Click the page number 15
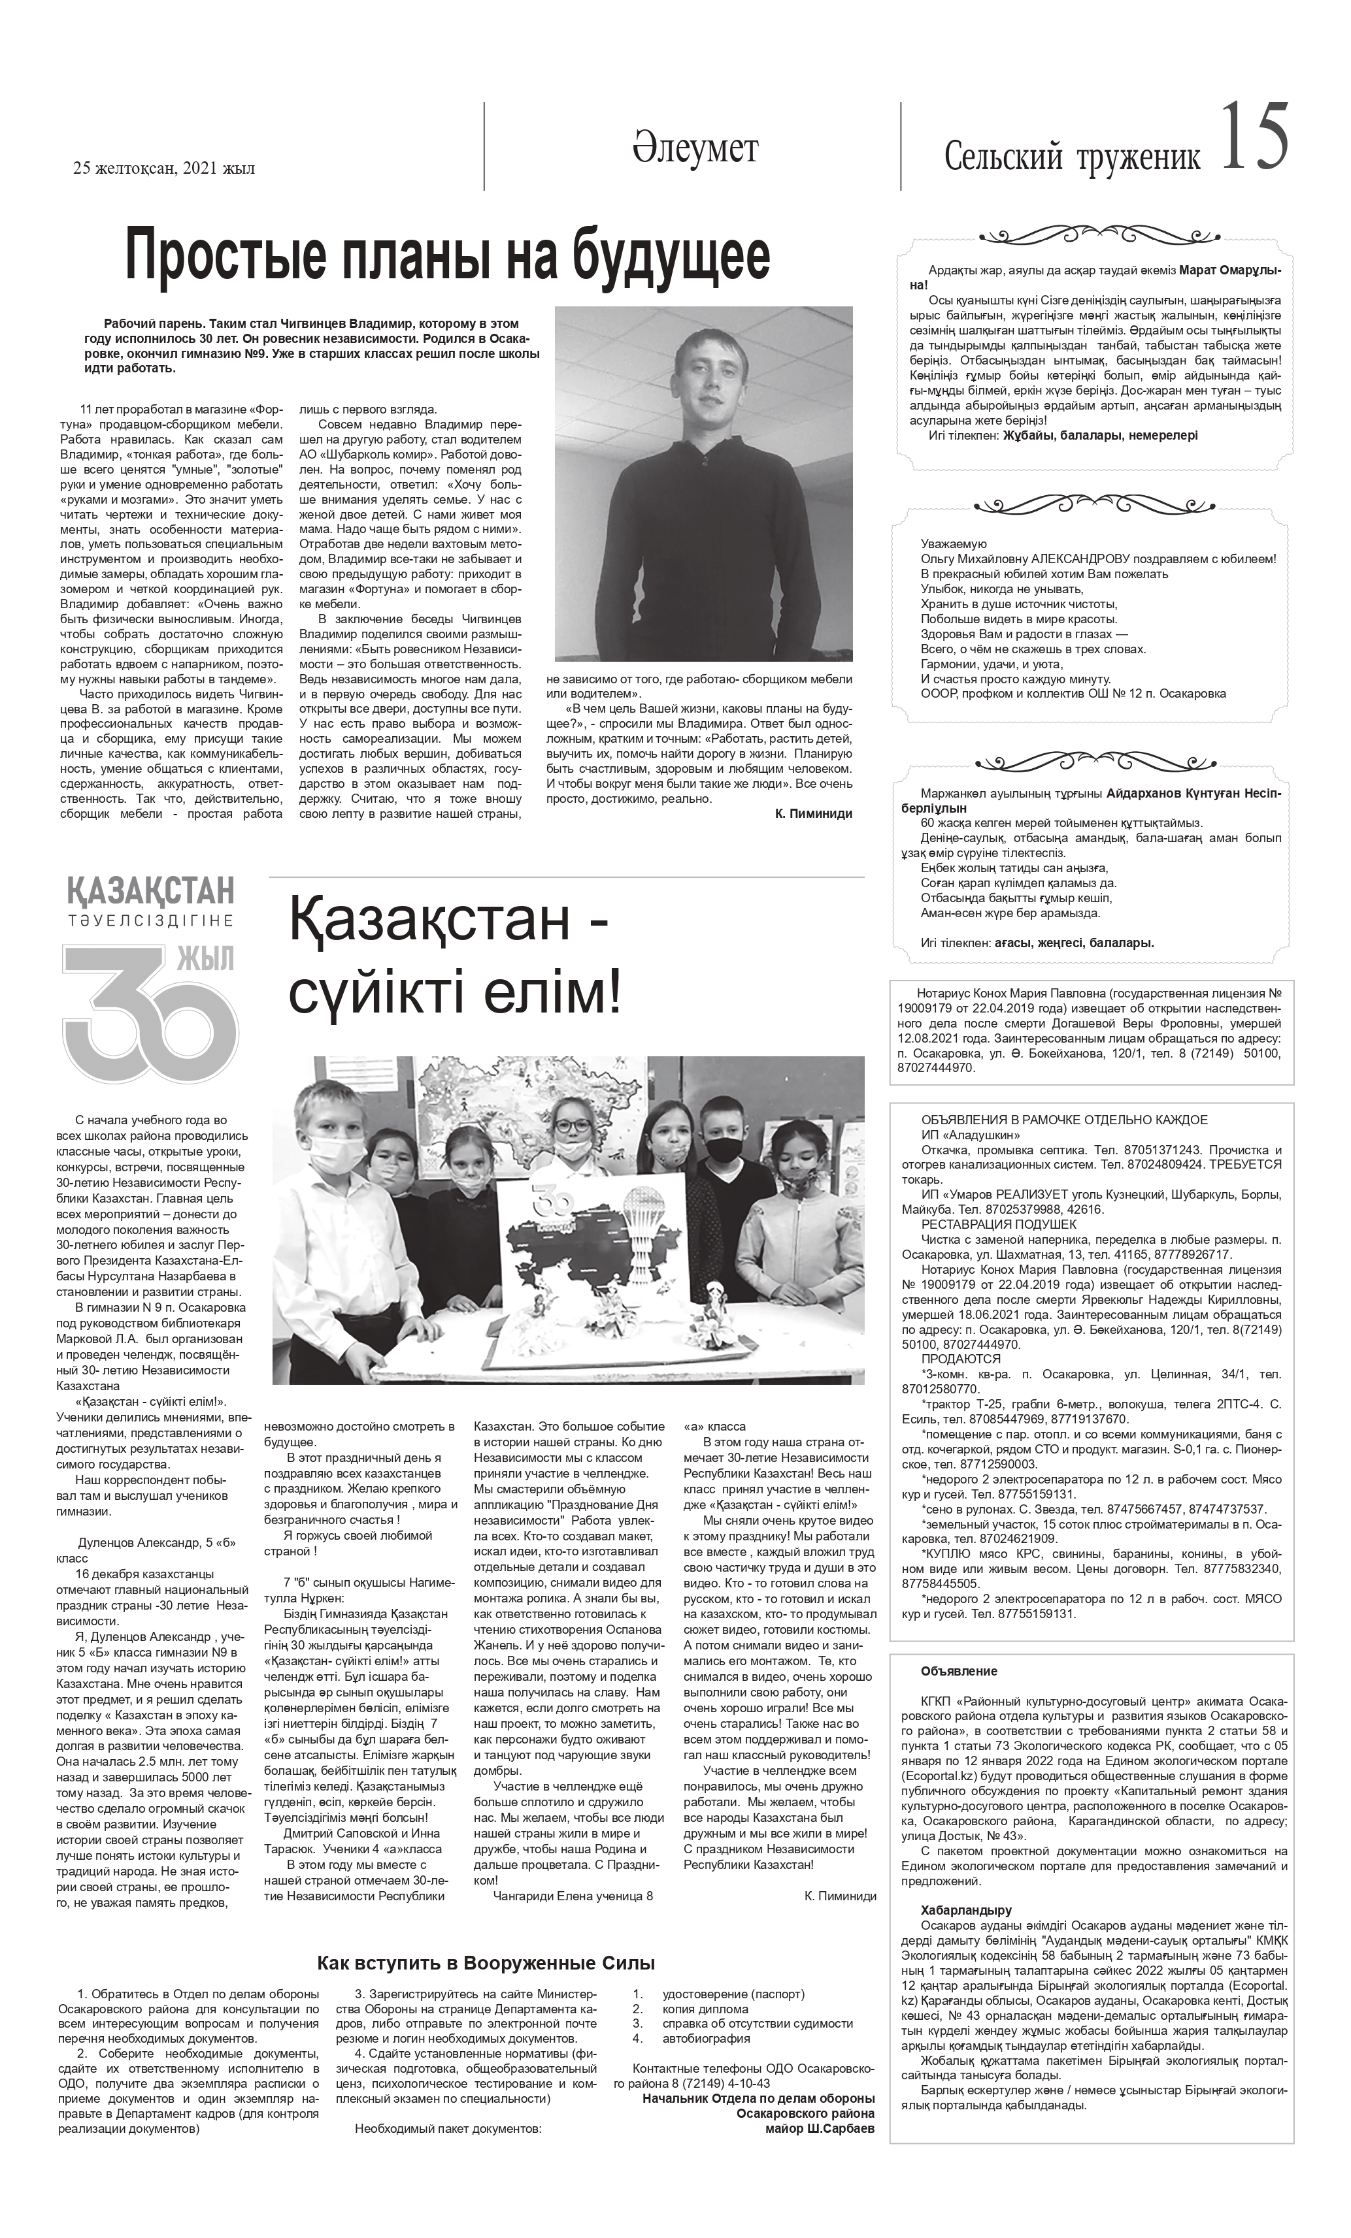tap(1254, 137)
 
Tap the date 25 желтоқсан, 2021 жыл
tap(163, 168)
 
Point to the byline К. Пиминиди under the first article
tap(814, 814)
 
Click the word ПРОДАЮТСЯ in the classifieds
tap(960, 1359)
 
